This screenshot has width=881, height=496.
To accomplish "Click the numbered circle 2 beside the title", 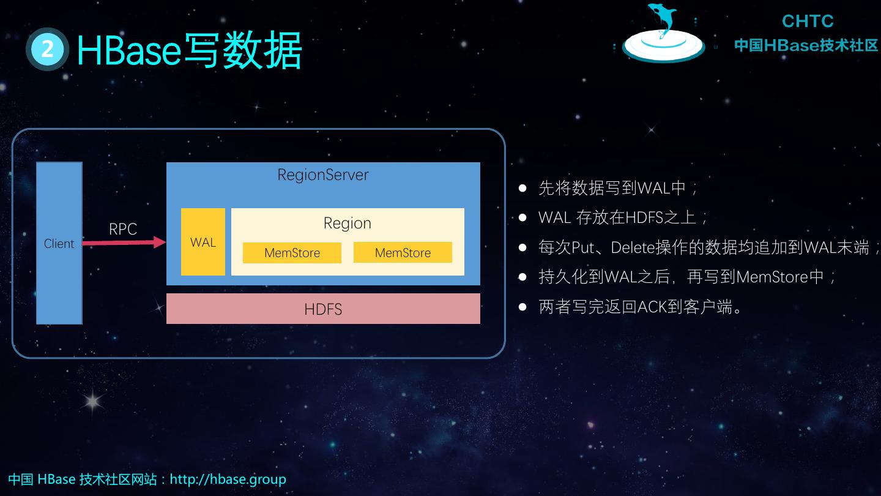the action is (47, 49).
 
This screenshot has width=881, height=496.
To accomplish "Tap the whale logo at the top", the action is (663, 34).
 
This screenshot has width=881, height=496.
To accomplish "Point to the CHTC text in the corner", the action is (808, 21).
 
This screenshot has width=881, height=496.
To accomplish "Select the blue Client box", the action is (59, 243).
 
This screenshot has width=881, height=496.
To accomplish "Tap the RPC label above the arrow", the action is (123, 229).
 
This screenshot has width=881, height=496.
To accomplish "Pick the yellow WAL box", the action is (203, 242).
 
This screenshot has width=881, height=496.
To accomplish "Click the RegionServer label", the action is (323, 175).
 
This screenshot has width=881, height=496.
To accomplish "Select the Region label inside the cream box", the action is (347, 224).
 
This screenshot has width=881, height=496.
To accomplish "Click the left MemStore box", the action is (292, 253).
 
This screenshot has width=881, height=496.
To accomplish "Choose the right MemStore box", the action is (403, 252).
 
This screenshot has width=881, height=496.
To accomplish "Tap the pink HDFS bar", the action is (323, 309).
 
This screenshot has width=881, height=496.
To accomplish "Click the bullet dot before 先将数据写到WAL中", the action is (522, 188).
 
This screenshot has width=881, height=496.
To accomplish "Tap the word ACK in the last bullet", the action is (653, 307).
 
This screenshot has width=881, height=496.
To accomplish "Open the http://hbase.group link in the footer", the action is (228, 479).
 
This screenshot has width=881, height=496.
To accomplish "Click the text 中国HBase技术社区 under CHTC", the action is (806, 45).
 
